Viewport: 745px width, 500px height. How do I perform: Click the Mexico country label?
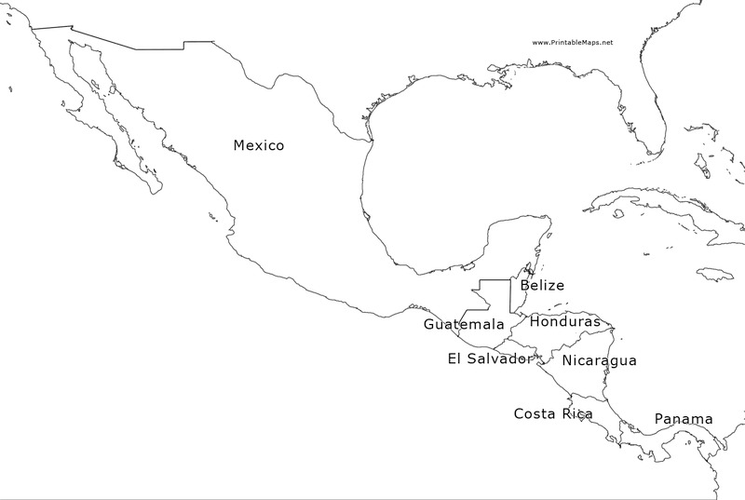pos(259,145)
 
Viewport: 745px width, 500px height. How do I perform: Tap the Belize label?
pos(542,286)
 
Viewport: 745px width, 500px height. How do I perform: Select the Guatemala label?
pos(464,324)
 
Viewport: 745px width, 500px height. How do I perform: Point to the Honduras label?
pos(565,321)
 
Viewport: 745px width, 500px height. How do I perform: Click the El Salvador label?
pos(490,358)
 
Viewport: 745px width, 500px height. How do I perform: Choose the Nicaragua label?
pos(600,360)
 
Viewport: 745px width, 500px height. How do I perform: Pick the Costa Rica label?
pos(553,413)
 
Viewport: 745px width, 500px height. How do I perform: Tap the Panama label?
pos(684,419)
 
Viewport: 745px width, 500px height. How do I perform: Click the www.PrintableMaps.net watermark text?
pos(573,43)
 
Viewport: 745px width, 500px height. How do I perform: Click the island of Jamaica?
pos(715,274)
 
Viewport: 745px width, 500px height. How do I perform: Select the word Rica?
pos(577,413)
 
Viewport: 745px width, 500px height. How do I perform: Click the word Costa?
pos(535,413)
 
